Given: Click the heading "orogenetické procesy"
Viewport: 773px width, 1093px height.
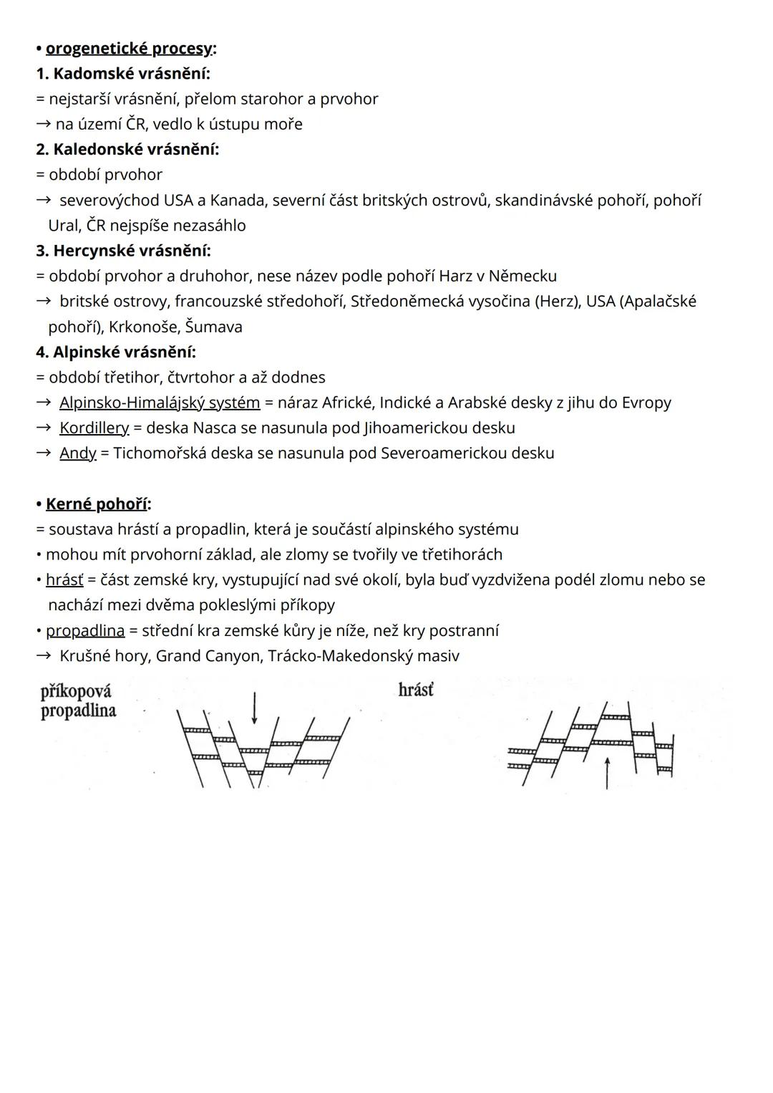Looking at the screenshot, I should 129,49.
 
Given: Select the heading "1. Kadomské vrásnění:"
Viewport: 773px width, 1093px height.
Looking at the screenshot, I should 123,74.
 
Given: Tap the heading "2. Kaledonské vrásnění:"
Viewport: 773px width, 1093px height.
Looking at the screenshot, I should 127,150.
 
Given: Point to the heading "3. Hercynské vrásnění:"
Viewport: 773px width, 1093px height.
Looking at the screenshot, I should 123,251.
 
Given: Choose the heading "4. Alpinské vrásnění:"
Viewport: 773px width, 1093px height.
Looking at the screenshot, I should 116,352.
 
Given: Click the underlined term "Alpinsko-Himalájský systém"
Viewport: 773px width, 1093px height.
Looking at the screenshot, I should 160,403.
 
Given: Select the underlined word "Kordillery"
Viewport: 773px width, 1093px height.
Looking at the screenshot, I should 94,428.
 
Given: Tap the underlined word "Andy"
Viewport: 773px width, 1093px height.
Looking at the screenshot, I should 77,453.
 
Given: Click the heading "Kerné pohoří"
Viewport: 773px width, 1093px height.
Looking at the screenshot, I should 97,504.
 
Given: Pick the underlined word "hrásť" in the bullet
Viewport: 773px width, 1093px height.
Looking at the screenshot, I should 64,580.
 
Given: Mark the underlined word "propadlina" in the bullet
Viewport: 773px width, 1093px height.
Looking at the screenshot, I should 85,631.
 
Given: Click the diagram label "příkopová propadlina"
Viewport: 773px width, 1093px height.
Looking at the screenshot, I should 78,701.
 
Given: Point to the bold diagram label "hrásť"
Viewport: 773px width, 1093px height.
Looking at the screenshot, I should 416,690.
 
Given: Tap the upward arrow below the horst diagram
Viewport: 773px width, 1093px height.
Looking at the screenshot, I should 607,774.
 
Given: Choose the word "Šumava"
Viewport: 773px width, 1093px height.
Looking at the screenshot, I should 213,327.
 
